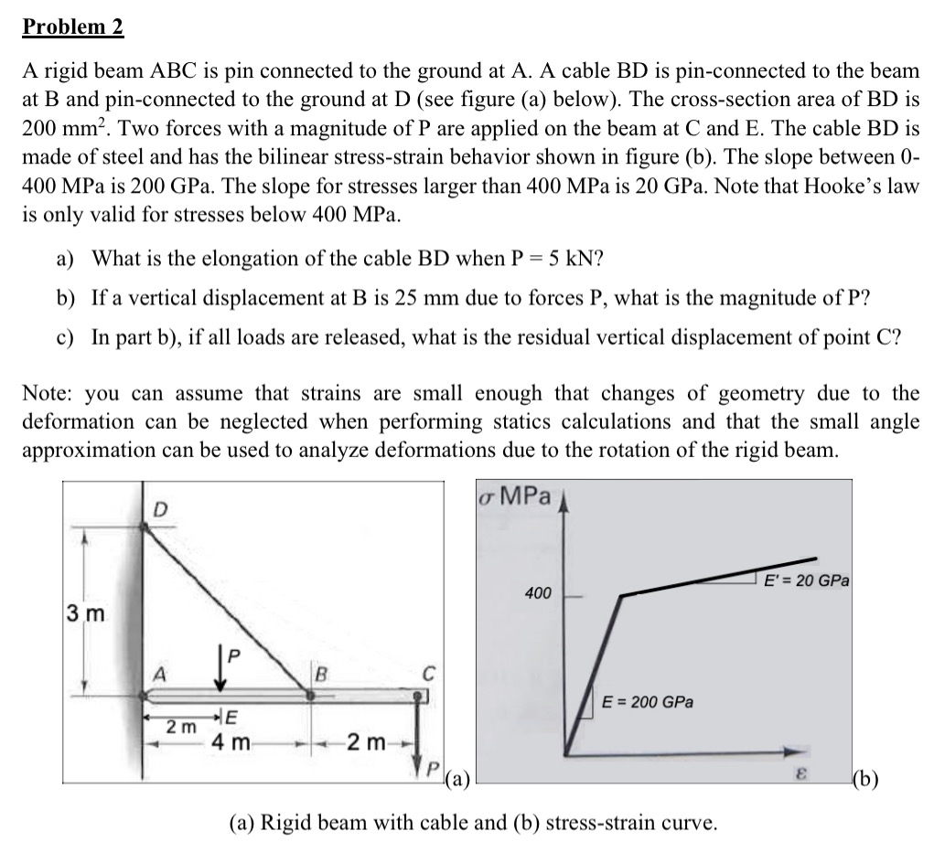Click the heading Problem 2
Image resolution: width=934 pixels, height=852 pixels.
pyautogui.click(x=72, y=27)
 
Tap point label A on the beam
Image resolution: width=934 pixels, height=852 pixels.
pyautogui.click(x=159, y=674)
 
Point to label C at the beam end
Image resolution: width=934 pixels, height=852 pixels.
pyautogui.click(x=425, y=675)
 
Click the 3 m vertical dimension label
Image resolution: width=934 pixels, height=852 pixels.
pyautogui.click(x=85, y=610)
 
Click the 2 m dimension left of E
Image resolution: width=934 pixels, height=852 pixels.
pyautogui.click(x=180, y=727)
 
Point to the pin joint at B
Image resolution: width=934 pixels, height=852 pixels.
pyautogui.click(x=310, y=696)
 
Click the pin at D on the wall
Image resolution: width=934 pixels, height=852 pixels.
pyautogui.click(x=145, y=527)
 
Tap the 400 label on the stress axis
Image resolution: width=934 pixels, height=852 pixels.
pyautogui.click(x=538, y=594)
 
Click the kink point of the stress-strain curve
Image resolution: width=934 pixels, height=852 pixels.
pyautogui.click(x=622, y=596)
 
